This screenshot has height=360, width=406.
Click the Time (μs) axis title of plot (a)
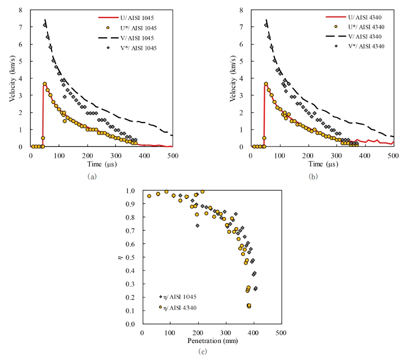(101, 164)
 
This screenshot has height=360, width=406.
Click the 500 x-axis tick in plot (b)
(394, 155)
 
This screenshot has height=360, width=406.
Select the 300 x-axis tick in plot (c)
(226, 332)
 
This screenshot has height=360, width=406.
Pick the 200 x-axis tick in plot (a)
(87, 155)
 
